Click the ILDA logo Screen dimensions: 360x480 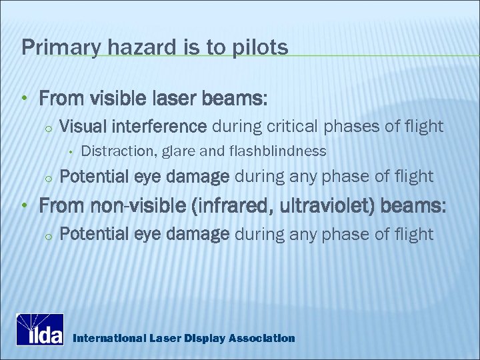pos(40,329)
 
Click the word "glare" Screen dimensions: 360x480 pos(179,151)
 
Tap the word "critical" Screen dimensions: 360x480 pos(294,125)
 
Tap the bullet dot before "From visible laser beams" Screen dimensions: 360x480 pos(24,99)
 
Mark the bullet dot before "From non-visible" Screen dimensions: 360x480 pos(24,207)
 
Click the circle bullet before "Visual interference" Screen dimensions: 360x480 pos(47,127)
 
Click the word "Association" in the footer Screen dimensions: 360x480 pos(261,338)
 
